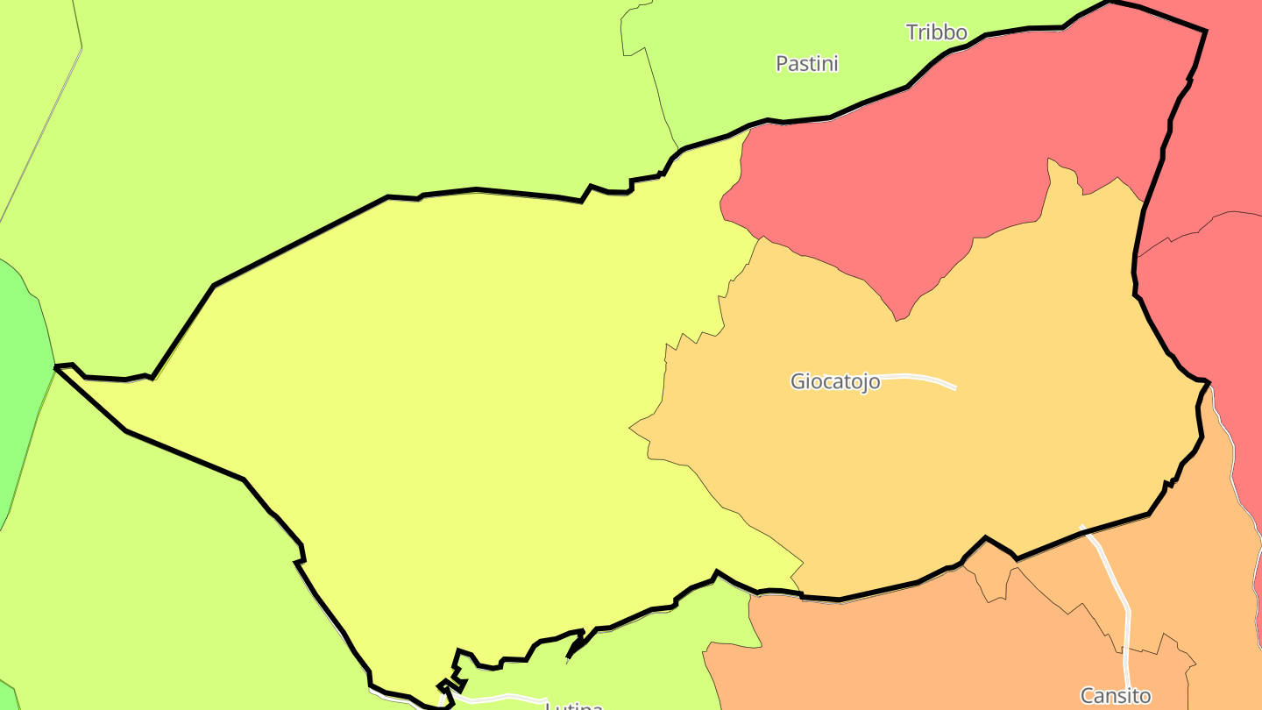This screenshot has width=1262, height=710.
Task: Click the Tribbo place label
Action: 936,33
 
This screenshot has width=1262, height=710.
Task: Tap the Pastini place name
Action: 806,63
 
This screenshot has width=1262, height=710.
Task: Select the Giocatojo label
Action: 834,381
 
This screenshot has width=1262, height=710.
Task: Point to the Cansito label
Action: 1115,696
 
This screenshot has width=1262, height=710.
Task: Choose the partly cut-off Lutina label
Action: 574,706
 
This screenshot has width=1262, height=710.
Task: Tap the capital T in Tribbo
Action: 911,33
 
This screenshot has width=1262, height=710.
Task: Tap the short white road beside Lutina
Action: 500,699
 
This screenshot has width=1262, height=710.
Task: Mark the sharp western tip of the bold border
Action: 56,367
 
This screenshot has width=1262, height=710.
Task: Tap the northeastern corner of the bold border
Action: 1205,32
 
